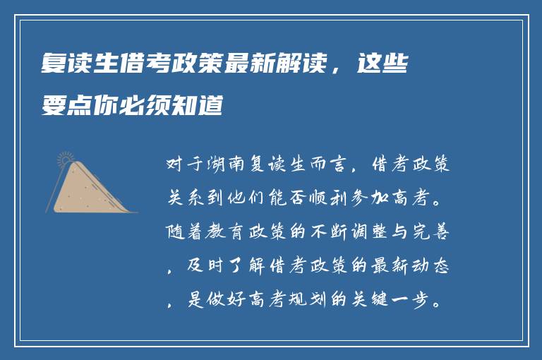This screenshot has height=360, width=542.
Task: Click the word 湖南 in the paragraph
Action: [219, 167]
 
